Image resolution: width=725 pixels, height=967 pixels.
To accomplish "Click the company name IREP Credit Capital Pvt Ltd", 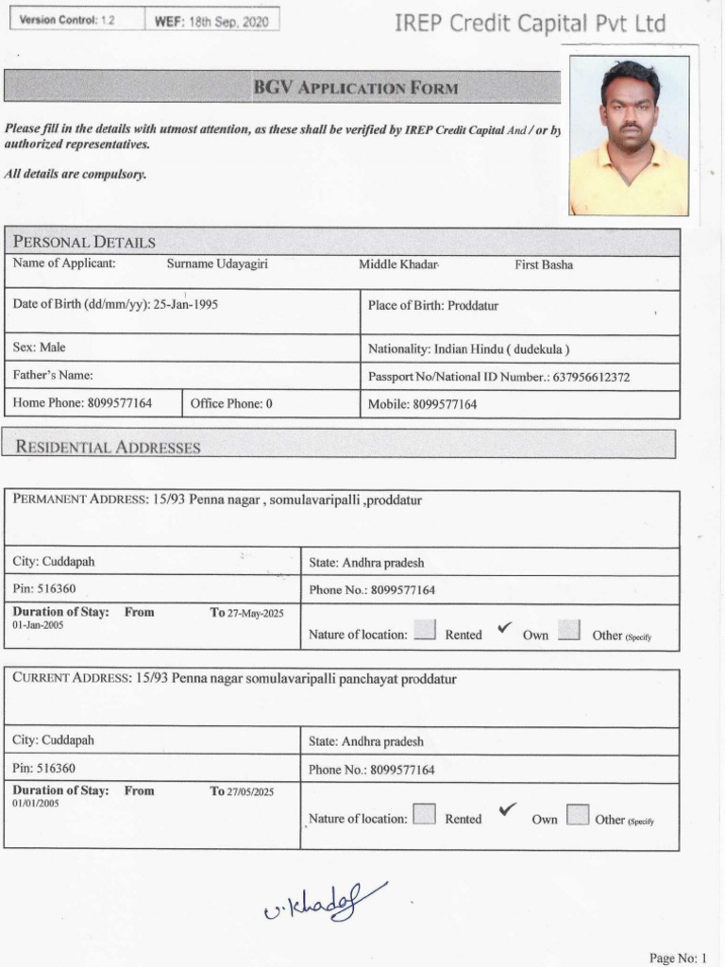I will [x=530, y=24].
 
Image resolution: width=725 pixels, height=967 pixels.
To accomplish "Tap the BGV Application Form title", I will [x=356, y=88].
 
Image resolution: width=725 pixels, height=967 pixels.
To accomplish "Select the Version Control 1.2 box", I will [x=75, y=20].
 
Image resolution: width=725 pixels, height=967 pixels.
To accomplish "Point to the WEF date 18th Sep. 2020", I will [x=212, y=20].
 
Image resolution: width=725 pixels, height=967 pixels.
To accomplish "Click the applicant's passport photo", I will [x=629, y=136].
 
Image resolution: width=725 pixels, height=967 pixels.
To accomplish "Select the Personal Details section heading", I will [x=85, y=242].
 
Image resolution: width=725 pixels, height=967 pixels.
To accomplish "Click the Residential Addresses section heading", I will [x=108, y=447].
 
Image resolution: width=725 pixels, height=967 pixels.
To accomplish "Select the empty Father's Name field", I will [x=181, y=375].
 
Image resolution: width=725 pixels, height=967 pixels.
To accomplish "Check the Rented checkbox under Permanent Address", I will [x=425, y=631].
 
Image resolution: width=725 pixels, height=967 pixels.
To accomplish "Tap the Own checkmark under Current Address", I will [x=508, y=809].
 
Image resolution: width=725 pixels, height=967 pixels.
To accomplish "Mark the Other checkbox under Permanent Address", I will [x=568, y=631].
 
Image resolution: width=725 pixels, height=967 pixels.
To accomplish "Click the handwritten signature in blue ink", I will [x=325, y=902].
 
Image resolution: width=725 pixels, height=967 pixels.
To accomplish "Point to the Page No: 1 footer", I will [x=677, y=959].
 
